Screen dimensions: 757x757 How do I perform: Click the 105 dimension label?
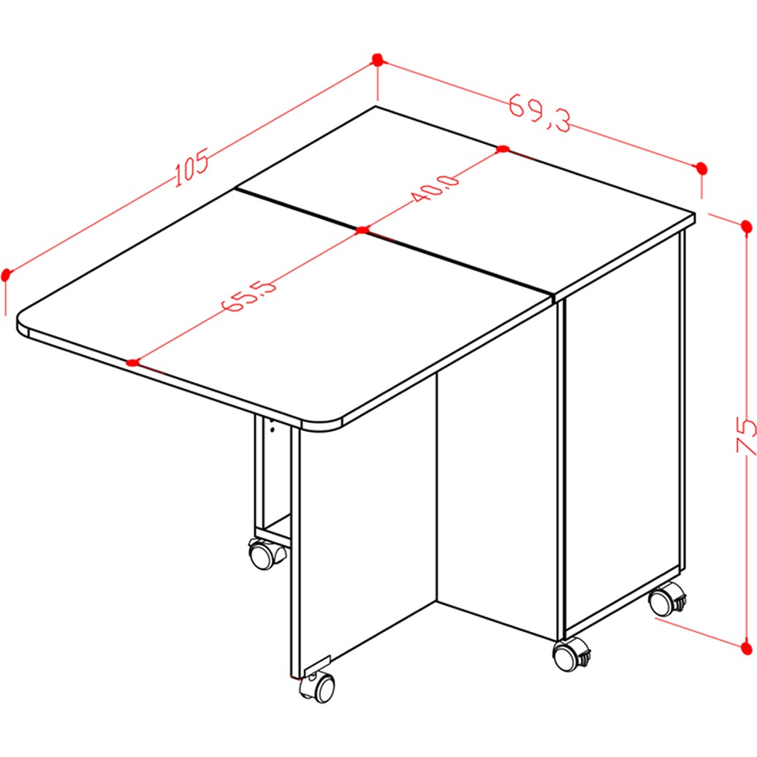191,167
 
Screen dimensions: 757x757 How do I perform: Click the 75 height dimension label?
746,437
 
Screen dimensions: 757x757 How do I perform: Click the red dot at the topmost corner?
378,60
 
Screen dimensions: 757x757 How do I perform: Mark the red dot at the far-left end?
6,275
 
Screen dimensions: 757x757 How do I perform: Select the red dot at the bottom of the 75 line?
746,648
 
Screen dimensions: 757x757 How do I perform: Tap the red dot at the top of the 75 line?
746,226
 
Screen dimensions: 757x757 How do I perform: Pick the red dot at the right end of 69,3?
702,169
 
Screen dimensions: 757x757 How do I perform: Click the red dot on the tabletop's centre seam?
362,230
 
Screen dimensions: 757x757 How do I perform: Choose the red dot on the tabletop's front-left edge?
133,362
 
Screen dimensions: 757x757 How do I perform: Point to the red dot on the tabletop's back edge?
503,149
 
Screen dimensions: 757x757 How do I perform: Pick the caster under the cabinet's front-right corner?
571,655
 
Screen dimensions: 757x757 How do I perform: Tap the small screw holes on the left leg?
272,426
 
